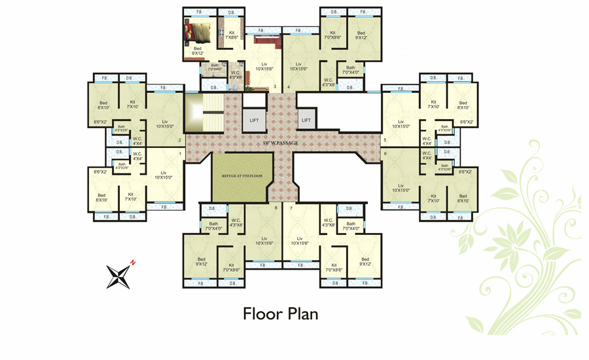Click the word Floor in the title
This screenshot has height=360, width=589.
[261, 314]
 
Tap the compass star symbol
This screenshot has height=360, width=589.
[118, 275]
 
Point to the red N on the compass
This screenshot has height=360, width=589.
[132, 262]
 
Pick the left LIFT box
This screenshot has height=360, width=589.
[254, 120]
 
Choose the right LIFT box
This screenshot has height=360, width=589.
[306, 120]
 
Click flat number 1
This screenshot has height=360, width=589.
[180, 153]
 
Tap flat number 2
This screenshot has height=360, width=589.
[180, 139]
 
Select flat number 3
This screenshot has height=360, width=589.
[275, 86]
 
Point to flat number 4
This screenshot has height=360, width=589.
[288, 86]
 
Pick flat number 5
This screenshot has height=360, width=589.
[385, 139]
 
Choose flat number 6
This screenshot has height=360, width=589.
[385, 153]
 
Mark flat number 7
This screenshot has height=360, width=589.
[291, 208]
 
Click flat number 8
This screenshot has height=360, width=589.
[276, 208]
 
